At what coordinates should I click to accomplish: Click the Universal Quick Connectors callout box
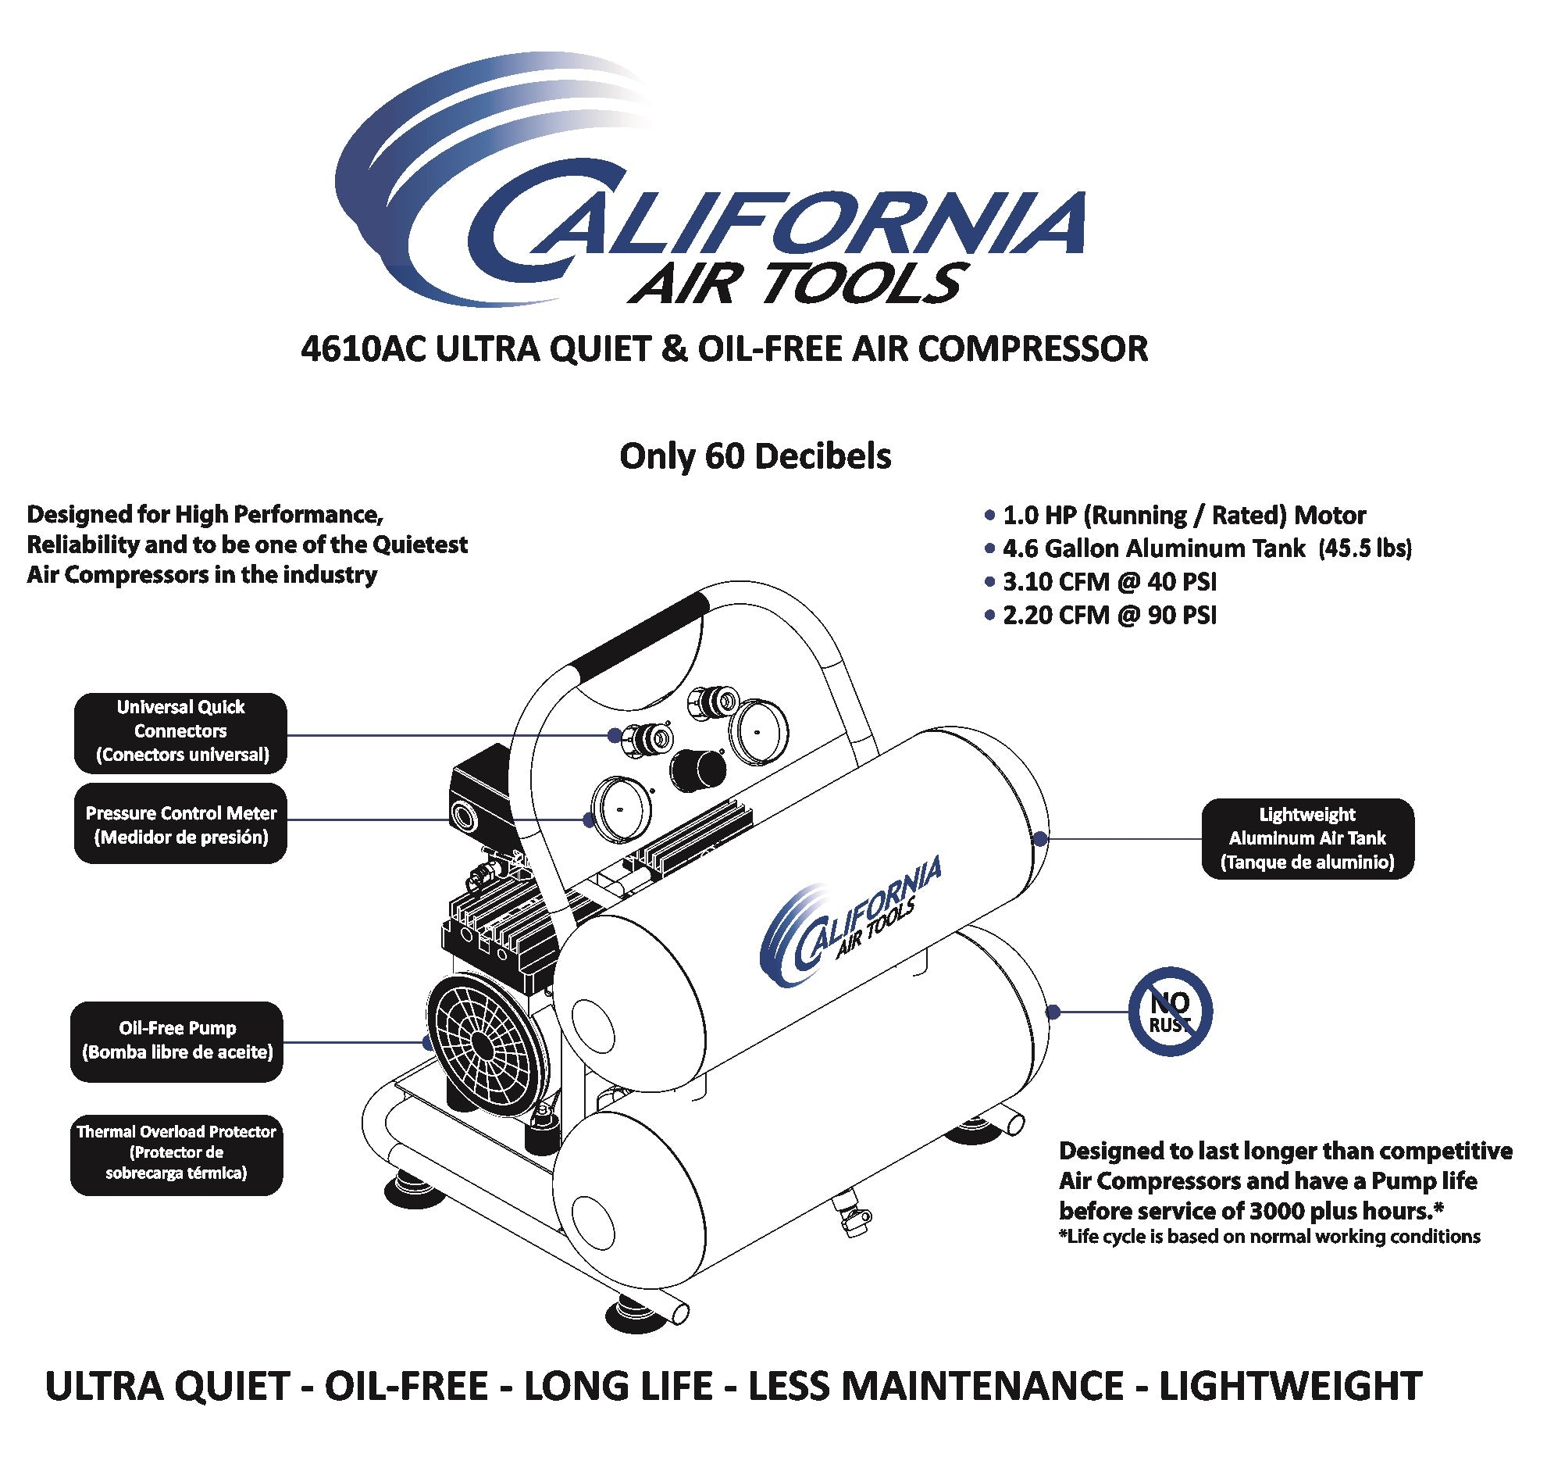coord(180,732)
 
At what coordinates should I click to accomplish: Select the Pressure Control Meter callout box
coord(180,823)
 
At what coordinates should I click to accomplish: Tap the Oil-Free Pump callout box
coord(176,1041)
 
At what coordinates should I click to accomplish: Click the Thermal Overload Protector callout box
coord(176,1153)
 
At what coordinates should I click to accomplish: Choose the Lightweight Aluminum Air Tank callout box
coord(1307,837)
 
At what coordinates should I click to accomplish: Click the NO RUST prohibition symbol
coord(1169,1012)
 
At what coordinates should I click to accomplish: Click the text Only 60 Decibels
coord(754,456)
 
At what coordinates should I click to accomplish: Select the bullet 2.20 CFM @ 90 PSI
coord(1108,615)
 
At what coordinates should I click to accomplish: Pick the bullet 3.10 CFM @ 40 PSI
coord(1108,582)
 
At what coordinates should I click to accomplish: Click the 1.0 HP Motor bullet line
coord(1182,516)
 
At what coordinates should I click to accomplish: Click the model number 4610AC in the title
coord(363,349)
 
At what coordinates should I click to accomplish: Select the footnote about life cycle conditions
coord(1268,1237)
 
